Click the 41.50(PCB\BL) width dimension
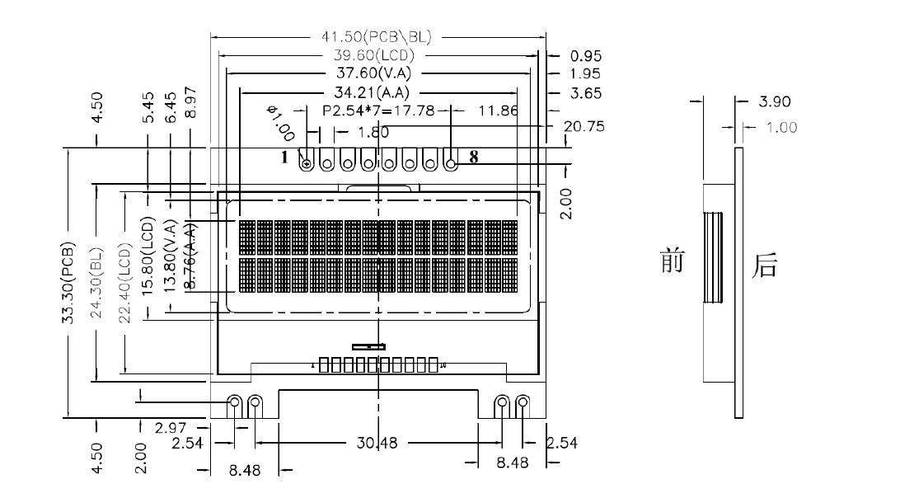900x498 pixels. coord(377,37)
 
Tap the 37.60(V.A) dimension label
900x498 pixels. coord(377,73)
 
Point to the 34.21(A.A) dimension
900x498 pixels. coord(377,92)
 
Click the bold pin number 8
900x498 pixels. coord(473,157)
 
